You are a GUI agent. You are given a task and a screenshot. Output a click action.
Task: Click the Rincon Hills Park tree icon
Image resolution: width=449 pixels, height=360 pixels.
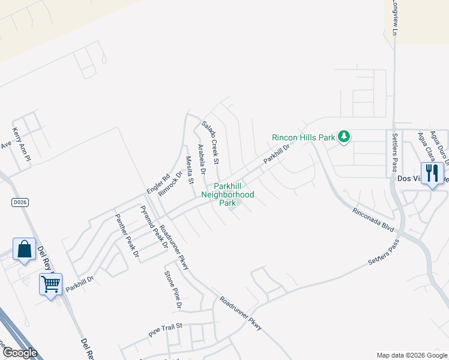(344, 137)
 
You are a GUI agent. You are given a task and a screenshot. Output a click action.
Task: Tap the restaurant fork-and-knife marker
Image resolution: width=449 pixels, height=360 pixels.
(432, 173)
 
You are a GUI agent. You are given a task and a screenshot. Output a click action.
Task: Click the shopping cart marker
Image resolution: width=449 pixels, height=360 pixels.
(51, 284)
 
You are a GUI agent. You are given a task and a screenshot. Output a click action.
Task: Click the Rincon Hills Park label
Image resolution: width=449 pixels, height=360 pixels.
(303, 137)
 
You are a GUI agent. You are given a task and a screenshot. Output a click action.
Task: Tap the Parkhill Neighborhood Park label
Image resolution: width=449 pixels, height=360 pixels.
(228, 194)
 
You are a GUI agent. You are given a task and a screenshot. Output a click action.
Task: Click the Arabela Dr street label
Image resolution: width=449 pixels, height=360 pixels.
(202, 159)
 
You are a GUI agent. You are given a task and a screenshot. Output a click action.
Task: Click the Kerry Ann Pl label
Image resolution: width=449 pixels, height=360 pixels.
(22, 143)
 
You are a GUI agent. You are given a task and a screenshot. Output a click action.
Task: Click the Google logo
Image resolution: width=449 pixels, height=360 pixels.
(19, 352)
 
